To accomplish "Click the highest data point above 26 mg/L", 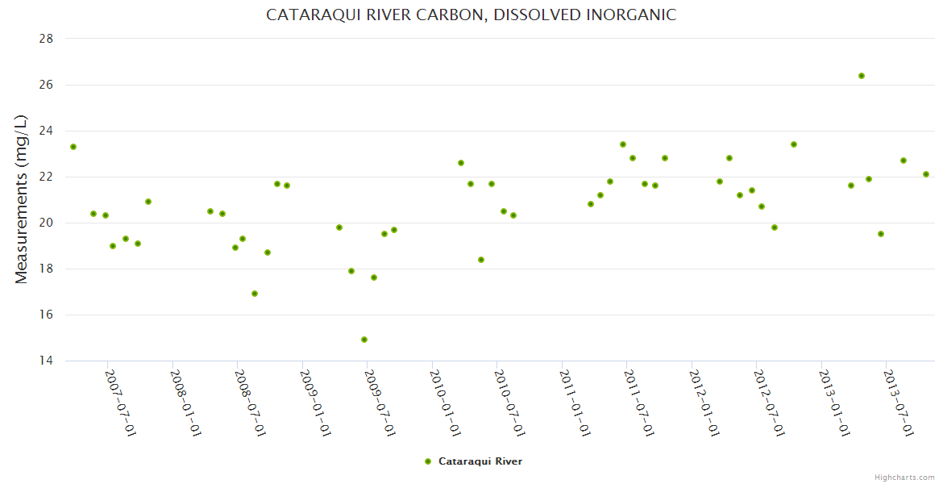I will coord(862,76).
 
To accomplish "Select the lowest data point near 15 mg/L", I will coord(364,340).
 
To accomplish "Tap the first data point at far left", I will coord(73,147).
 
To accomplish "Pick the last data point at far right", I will coord(926,174).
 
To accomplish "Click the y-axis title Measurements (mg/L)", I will coord(22,199).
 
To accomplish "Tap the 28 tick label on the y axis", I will coord(45,39).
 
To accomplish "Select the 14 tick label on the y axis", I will coord(45,361).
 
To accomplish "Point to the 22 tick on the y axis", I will coord(45,177).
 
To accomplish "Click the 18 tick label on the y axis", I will coord(45,269).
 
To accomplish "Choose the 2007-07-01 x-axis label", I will coord(120,403).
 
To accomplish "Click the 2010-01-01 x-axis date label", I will coord(445,403).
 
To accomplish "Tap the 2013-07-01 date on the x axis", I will coord(898,403).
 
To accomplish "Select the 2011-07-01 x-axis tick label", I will coord(639,403).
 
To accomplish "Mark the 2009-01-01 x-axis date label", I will coord(315,403).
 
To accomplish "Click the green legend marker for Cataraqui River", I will coord(428,461).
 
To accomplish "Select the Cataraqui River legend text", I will coord(480,461).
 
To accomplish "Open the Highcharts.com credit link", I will coord(904,477).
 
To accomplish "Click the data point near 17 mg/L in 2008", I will coord(255,294).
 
